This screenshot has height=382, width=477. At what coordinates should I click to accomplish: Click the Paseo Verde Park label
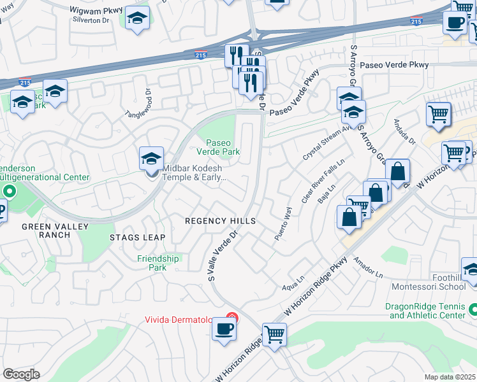(222, 148)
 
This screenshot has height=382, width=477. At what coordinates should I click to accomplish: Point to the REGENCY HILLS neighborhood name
(220, 221)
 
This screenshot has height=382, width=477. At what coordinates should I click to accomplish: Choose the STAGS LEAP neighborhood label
(137, 237)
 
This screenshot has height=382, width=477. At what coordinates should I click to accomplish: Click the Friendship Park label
(158, 263)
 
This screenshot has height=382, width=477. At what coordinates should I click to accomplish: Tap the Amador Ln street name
(369, 267)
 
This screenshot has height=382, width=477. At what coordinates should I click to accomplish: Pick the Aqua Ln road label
(293, 288)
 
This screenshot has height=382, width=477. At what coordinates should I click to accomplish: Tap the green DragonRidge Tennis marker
(473, 310)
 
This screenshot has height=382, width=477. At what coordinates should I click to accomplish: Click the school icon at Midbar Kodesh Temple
(152, 160)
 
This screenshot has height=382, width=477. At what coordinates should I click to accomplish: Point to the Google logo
(21, 374)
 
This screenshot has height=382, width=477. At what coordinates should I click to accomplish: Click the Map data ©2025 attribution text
(450, 377)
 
